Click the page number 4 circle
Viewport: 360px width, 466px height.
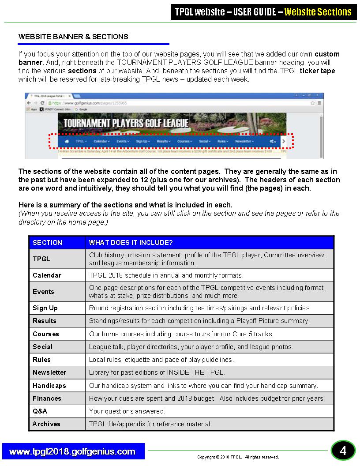[343, 451]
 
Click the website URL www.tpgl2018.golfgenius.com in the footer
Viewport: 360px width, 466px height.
[72, 451]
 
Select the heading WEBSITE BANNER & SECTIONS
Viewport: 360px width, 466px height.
[73, 37]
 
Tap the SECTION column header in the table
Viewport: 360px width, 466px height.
[48, 243]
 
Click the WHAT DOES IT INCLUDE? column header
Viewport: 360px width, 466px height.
[131, 243]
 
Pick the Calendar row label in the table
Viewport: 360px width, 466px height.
[47, 275]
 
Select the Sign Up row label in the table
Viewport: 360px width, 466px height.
[45, 308]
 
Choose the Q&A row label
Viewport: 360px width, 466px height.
[40, 411]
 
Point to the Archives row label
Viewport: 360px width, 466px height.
[46, 424]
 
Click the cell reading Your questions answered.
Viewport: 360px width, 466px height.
[127, 411]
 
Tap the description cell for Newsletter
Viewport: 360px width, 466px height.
[157, 372]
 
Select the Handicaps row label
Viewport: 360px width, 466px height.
[49, 386]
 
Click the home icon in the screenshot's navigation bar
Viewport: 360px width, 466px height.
[67, 141]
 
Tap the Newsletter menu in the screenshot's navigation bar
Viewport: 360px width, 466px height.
[244, 141]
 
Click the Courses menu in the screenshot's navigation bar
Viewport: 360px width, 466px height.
[184, 141]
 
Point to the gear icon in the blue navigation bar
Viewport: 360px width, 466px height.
[273, 141]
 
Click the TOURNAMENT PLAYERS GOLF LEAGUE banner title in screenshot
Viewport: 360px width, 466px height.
[126, 123]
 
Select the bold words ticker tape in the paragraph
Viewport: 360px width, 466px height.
[317, 71]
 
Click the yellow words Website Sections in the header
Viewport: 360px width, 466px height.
[318, 12]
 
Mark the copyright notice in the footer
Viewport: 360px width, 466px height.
[238, 457]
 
